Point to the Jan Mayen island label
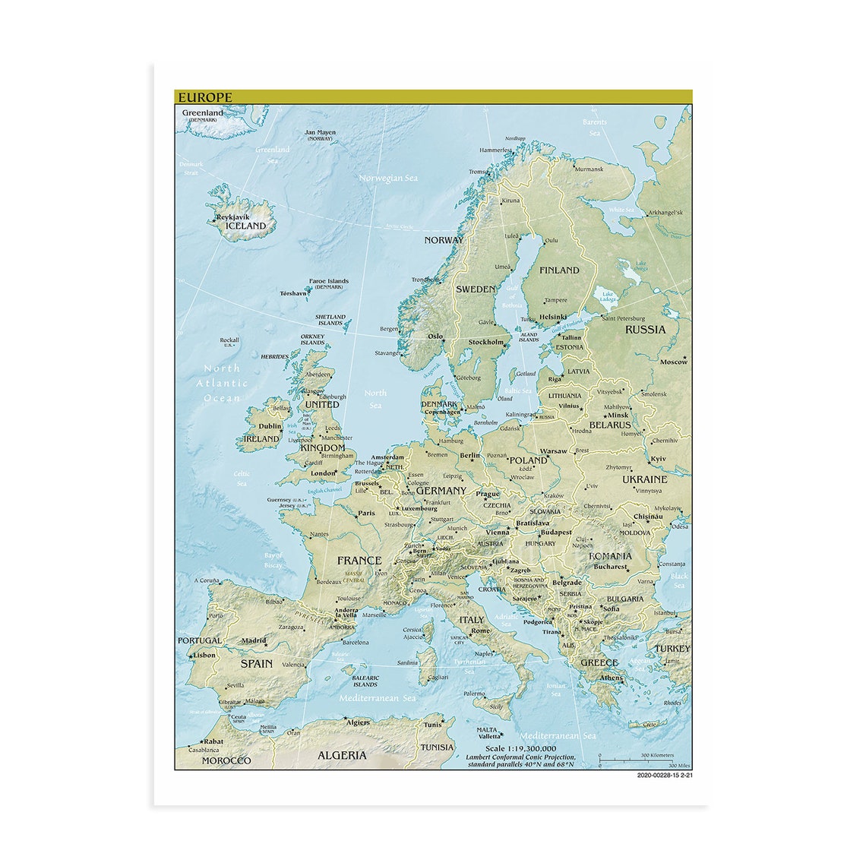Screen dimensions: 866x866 coord(320,132)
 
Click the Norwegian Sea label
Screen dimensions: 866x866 coord(389,179)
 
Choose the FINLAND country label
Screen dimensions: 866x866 coord(559,270)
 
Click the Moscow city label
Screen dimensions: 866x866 coord(673,362)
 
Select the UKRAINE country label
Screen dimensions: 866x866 coord(644,479)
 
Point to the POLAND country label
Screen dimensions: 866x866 coord(528,460)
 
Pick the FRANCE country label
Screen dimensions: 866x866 coord(359,561)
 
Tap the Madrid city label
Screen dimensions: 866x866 coord(254,640)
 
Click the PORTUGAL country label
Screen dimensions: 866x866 coord(200,640)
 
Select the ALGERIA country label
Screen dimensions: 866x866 coord(341,755)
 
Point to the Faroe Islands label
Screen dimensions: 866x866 coord(328,280)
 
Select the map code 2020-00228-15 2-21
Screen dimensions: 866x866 coord(665,776)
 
